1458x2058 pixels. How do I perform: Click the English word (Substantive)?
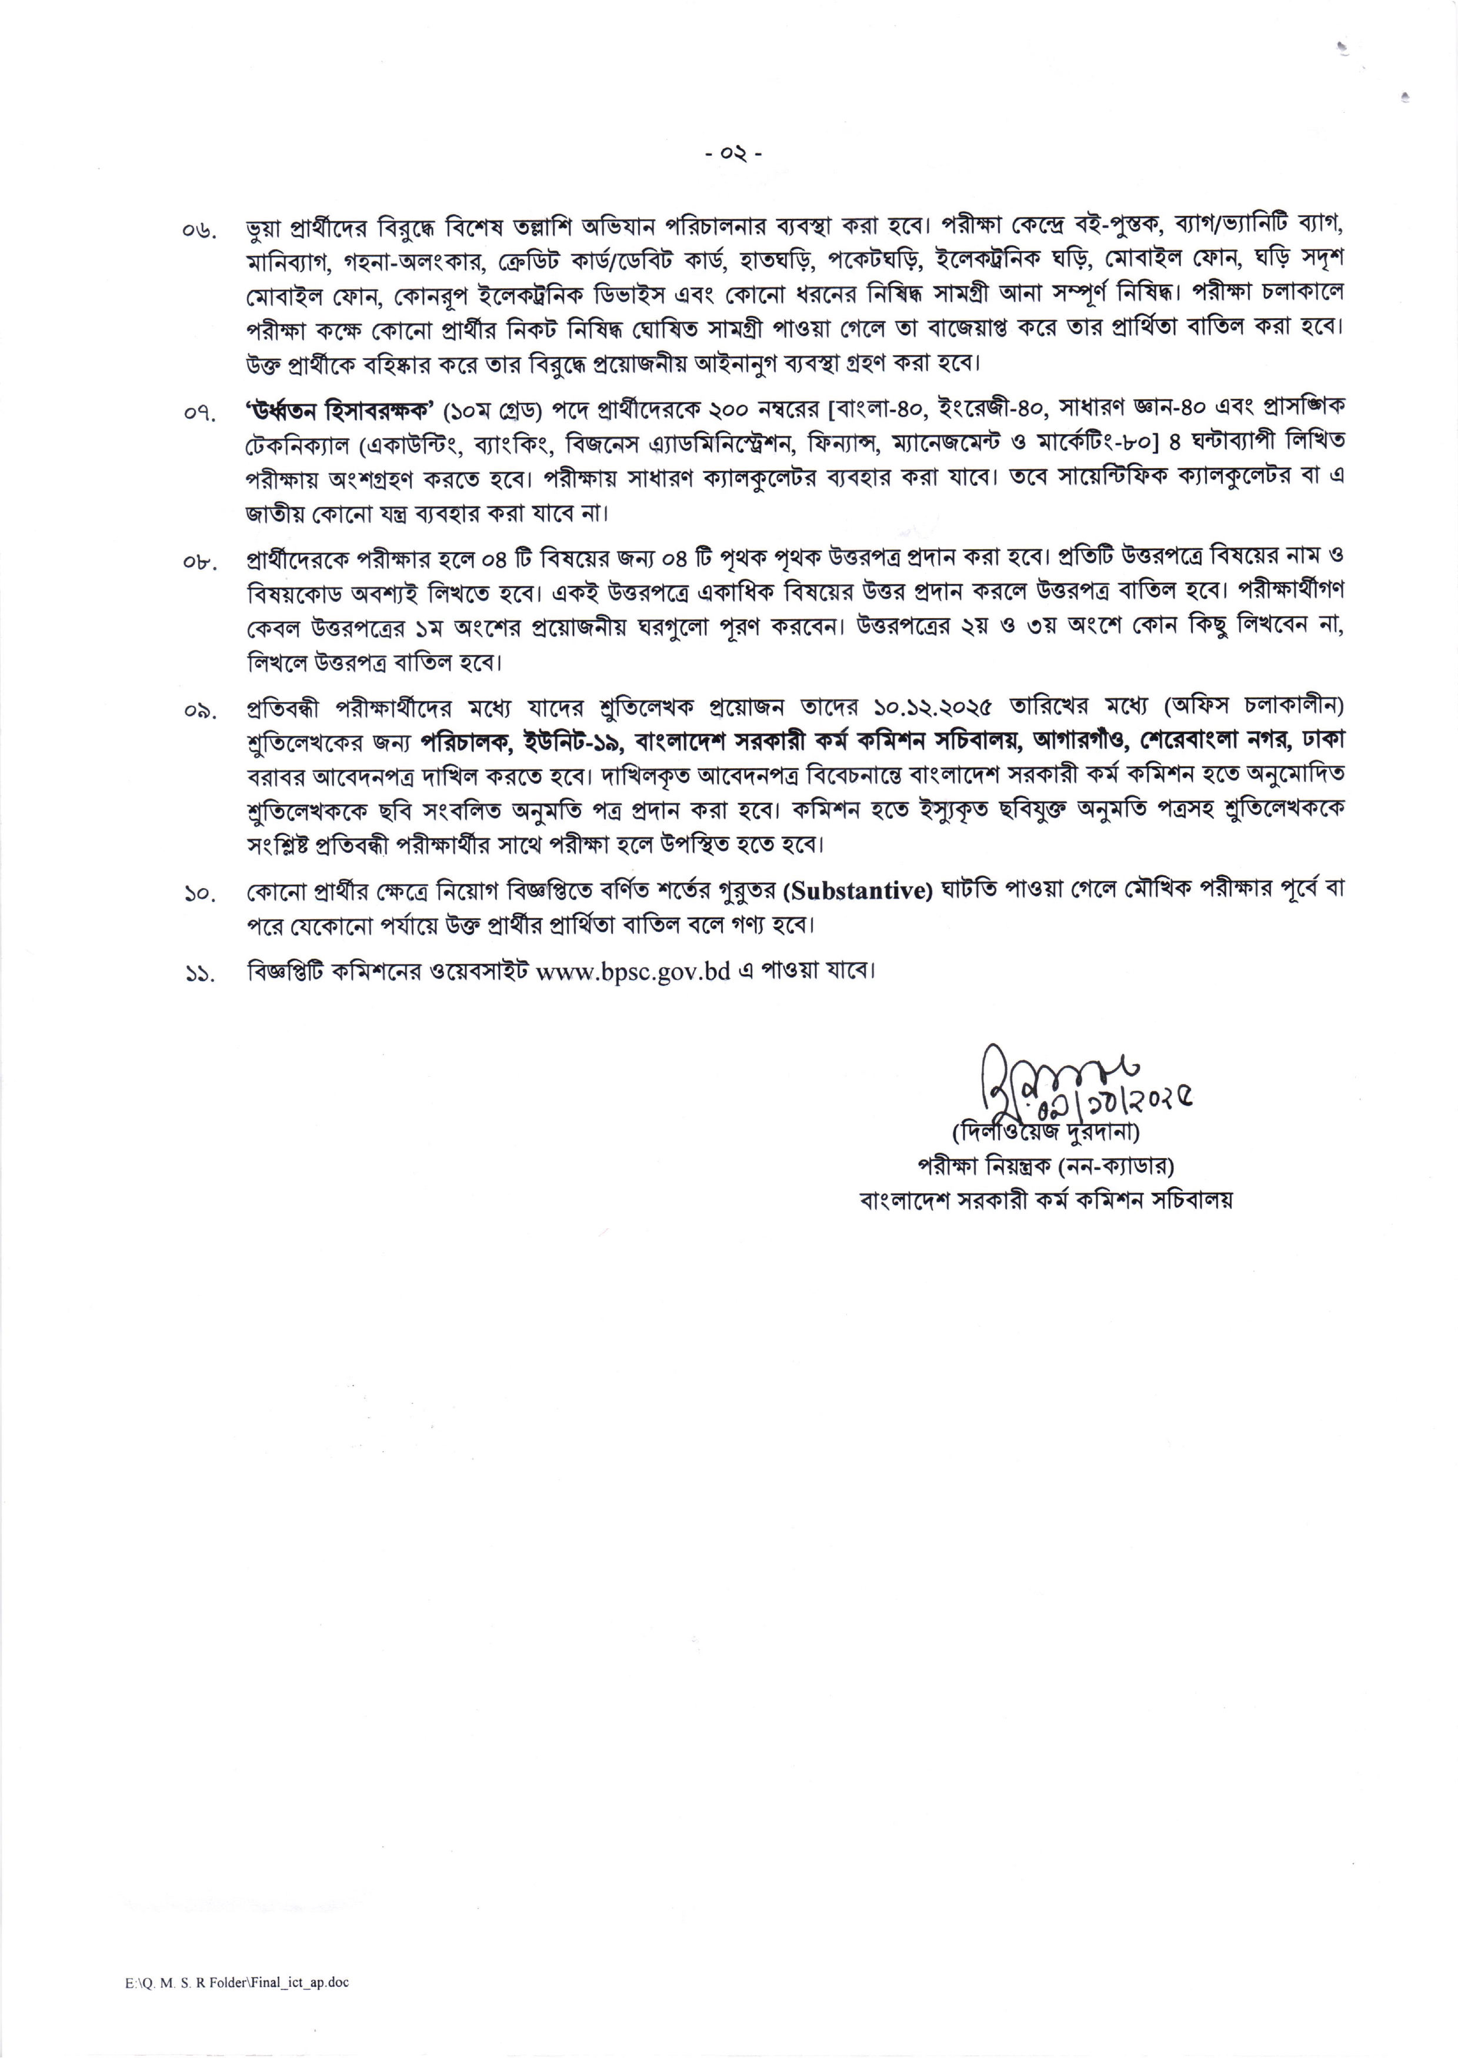point(858,890)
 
